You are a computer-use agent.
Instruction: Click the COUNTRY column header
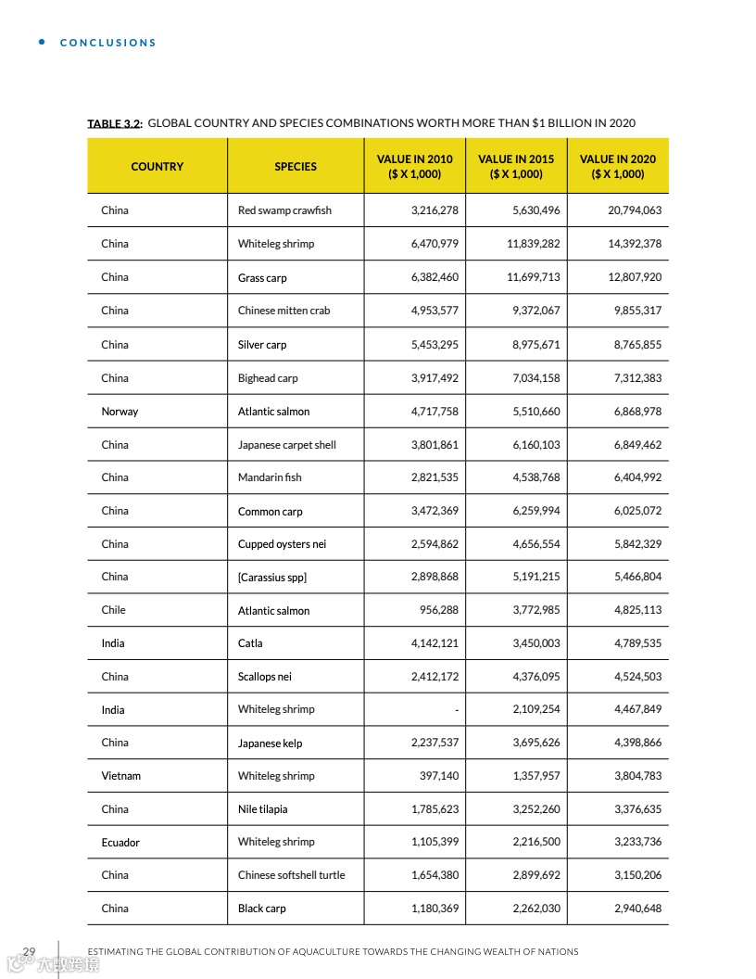tap(157, 167)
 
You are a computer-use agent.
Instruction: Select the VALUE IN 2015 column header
tap(516, 167)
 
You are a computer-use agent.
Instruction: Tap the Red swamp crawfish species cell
tap(284, 210)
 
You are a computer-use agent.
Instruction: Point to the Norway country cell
tap(120, 412)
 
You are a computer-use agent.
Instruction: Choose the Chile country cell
tap(113, 610)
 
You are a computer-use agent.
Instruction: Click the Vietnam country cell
tap(120, 776)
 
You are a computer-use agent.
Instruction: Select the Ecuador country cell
tap(120, 843)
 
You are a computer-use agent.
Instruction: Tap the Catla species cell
tap(250, 643)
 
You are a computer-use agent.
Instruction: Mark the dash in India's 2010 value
tap(456, 710)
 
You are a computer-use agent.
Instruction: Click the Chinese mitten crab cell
tap(283, 311)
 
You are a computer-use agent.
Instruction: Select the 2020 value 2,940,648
tap(637, 909)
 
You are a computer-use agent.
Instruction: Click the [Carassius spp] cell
tap(271, 578)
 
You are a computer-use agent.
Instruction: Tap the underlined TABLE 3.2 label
tap(114, 123)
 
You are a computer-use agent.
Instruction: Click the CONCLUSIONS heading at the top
tap(107, 43)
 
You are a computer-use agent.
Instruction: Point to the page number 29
tap(29, 951)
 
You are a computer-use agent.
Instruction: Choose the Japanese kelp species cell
tap(270, 744)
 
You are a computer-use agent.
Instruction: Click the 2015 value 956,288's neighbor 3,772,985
tap(535, 610)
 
